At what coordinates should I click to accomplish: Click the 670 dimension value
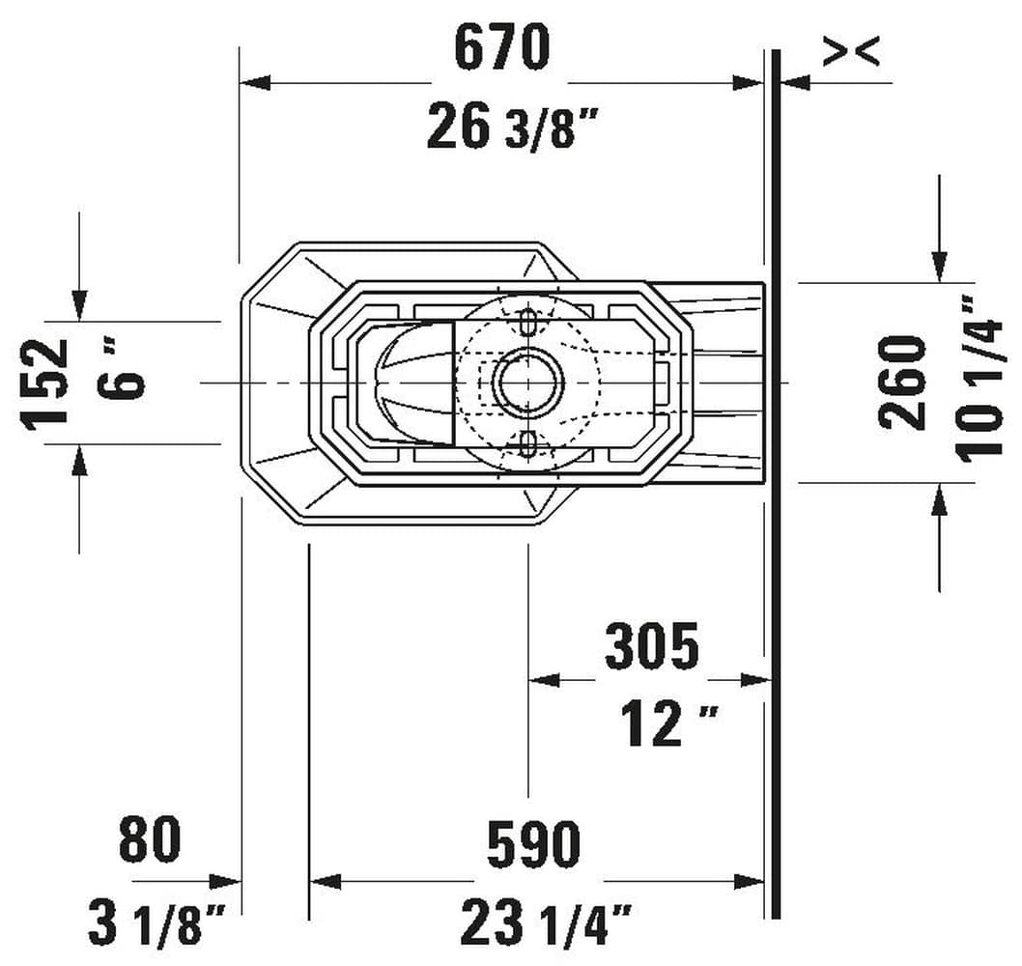501,48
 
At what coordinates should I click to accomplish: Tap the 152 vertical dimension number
48,383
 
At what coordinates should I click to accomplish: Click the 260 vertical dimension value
902,381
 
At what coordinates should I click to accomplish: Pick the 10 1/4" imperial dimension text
980,377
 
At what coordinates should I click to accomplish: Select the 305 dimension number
651,646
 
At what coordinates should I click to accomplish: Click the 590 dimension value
533,844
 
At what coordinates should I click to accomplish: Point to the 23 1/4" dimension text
546,923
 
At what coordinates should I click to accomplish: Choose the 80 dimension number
150,839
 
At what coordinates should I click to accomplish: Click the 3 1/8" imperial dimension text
157,923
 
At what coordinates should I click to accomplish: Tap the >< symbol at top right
851,52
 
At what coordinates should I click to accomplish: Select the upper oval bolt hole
528,321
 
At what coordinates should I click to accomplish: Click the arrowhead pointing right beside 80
227,881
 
